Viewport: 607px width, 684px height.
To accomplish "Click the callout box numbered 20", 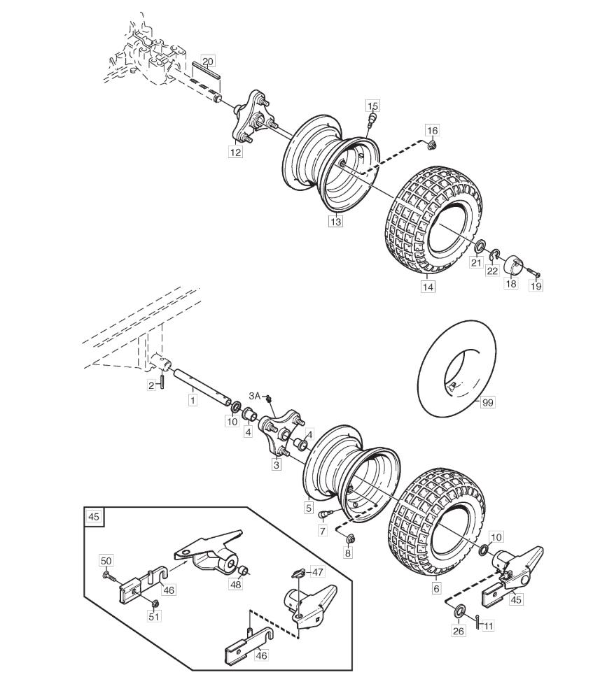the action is (208, 62).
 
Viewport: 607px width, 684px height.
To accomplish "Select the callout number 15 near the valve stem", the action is (372, 106).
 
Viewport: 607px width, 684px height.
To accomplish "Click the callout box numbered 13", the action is (336, 222).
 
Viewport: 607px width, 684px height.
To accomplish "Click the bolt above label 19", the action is (533, 272).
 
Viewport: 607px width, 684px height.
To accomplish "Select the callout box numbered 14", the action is (428, 287).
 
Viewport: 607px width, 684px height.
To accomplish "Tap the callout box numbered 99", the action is (487, 402).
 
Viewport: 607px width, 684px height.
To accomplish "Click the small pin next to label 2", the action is (162, 381).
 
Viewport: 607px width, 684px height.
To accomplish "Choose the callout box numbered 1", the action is (192, 399).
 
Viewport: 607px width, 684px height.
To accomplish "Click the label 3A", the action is (255, 396).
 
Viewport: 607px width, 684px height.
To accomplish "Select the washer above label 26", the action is (460, 611).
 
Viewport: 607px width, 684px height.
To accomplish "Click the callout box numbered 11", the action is (488, 626).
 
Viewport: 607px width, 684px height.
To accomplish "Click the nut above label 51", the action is (155, 604).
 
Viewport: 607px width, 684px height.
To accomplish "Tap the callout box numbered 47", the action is (317, 571).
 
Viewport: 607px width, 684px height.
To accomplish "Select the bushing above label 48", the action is (244, 571).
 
